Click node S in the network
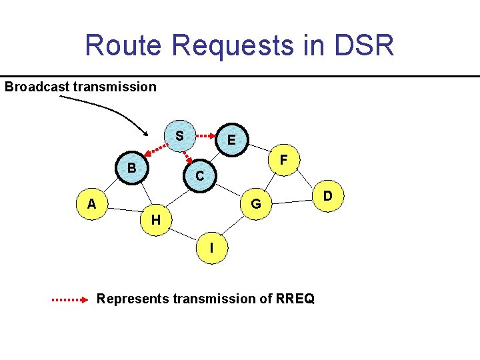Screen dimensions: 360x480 click(x=179, y=135)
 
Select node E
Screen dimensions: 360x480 click(x=231, y=140)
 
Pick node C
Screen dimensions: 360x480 click(x=199, y=175)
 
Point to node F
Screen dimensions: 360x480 click(x=283, y=161)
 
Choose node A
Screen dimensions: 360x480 click(x=91, y=204)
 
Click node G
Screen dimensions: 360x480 click(x=255, y=203)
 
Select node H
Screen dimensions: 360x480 click(x=155, y=219)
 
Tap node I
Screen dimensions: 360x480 click(x=211, y=247)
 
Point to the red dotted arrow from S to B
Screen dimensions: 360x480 click(x=156, y=149)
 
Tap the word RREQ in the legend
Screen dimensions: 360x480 click(x=293, y=299)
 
